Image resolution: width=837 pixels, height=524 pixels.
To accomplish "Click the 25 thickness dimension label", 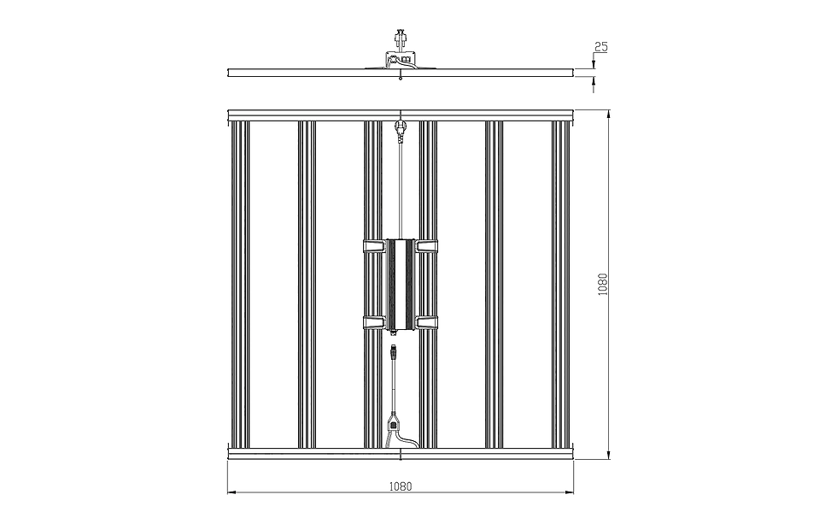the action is click(601, 47).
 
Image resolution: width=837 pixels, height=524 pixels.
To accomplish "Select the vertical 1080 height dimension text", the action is click(603, 285).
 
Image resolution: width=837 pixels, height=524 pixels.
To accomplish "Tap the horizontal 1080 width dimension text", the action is click(401, 486).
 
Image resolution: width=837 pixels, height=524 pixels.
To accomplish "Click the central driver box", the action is click(401, 286).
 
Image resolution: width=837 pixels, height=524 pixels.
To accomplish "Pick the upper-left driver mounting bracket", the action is click(374, 246).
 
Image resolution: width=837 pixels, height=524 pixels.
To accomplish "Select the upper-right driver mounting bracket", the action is click(426, 246).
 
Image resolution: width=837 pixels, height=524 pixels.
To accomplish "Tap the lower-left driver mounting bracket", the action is click(374, 321).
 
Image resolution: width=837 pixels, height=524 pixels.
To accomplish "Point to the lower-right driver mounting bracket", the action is click(426, 321).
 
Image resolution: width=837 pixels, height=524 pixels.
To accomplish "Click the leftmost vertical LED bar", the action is click(240, 285).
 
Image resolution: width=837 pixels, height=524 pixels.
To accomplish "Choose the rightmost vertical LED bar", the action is click(562, 285).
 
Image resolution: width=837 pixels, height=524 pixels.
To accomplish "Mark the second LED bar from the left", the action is click(307, 285).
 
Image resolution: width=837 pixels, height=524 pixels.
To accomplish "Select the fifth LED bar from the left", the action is click(495, 285).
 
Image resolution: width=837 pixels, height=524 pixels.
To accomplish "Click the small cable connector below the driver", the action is click(394, 351).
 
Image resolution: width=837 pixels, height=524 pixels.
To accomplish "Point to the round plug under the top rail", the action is click(400, 127).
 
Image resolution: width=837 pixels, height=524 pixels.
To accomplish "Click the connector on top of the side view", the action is click(400, 38).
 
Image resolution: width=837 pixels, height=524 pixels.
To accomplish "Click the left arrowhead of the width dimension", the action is click(232, 492).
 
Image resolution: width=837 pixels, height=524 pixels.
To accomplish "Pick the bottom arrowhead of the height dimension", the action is click(608, 454).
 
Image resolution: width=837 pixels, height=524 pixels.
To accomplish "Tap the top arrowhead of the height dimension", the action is click(608, 115).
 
